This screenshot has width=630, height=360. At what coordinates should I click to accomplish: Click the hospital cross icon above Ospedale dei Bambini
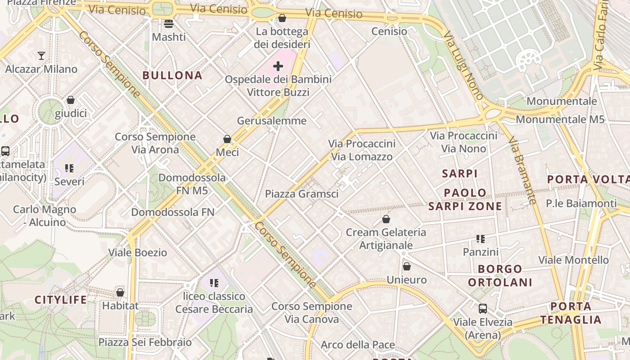pyautogui.click(x=278, y=66)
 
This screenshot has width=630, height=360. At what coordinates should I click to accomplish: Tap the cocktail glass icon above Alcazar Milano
pyautogui.click(x=41, y=56)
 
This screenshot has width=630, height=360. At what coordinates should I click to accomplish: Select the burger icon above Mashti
pyautogui.click(x=169, y=23)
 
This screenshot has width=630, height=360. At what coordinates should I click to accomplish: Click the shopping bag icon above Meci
pyautogui.click(x=227, y=139)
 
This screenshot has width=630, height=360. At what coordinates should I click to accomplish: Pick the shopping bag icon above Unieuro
pyautogui.click(x=407, y=266)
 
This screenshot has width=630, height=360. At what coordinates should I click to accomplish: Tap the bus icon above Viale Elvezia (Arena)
pyautogui.click(x=483, y=309)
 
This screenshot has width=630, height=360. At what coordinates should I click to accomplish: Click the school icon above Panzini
pyautogui.click(x=481, y=239)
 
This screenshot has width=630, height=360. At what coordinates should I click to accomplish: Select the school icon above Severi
pyautogui.click(x=69, y=168)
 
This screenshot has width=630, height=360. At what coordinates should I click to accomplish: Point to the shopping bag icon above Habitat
pyautogui.click(x=120, y=292)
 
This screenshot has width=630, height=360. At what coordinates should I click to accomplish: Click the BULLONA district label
pyautogui.click(x=172, y=75)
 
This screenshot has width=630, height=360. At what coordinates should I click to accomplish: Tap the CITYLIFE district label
pyautogui.click(x=61, y=300)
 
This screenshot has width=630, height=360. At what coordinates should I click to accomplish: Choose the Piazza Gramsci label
pyautogui.click(x=301, y=194)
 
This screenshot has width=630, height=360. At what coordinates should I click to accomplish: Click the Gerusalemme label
pyautogui.click(x=272, y=121)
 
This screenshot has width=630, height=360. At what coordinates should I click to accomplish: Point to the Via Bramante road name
pyautogui.click(x=522, y=171)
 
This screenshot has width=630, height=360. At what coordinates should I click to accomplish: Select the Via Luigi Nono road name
pyautogui.click(x=463, y=65)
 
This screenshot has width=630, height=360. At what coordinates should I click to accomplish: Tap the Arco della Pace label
pyautogui.click(x=358, y=345)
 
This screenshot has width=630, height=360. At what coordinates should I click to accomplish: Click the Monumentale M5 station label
pyautogui.click(x=560, y=119)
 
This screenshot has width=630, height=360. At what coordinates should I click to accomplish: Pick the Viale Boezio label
pyautogui.click(x=138, y=252)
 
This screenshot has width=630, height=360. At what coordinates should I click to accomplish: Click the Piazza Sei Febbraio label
pyautogui.click(x=145, y=342)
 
